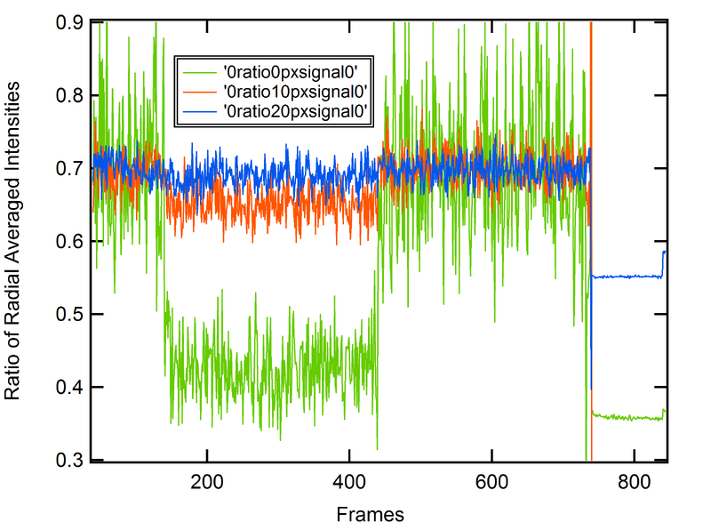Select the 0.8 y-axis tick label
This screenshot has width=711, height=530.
(x=68, y=95)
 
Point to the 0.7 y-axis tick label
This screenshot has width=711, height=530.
(x=68, y=168)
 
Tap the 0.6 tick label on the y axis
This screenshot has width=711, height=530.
(x=68, y=241)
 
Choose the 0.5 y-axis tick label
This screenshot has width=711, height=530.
(x=68, y=314)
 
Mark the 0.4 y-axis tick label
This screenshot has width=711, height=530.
(x=68, y=387)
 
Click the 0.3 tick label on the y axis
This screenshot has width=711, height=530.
(x=68, y=460)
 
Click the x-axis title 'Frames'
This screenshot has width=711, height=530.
(x=371, y=514)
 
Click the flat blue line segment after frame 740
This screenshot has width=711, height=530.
(x=627, y=277)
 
